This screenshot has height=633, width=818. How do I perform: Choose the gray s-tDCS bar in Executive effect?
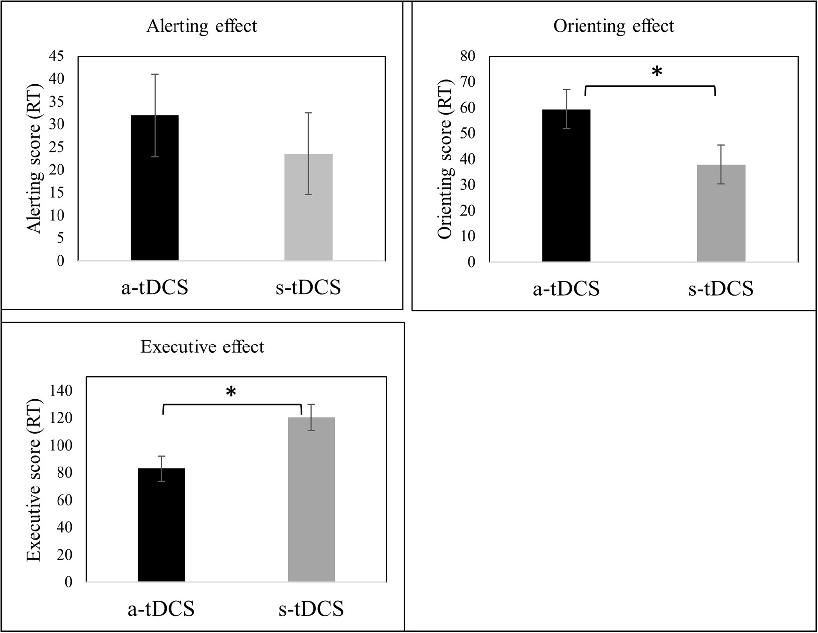click(311, 501)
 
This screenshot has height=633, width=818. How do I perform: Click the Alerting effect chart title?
click(202, 26)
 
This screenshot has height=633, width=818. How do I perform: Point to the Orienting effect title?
click(614, 26)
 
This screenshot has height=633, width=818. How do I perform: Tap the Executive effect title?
click(202, 346)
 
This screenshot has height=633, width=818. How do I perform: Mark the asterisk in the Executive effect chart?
click(231, 393)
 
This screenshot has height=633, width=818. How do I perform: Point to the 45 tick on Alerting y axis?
click(57, 56)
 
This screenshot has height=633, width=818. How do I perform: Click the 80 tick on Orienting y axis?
click(467, 56)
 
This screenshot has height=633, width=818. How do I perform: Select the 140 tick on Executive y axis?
click(61, 391)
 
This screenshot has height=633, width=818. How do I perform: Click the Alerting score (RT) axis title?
click(34, 158)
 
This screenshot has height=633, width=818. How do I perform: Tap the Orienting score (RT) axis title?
click(445, 159)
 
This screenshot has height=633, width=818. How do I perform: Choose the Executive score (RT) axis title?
click(33, 479)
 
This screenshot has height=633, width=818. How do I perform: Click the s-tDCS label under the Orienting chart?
click(720, 288)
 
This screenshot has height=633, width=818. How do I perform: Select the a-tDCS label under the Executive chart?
click(161, 609)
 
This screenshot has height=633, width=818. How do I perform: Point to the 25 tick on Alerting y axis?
click(57, 147)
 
